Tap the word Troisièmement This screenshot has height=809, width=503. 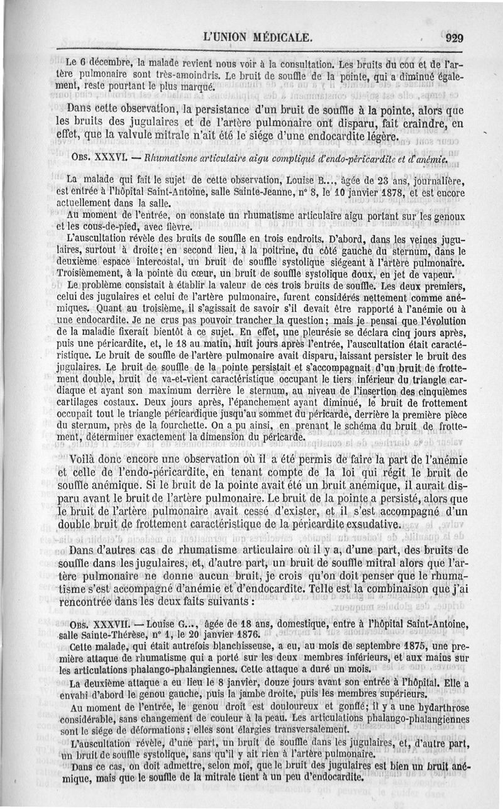(x=92, y=275)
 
